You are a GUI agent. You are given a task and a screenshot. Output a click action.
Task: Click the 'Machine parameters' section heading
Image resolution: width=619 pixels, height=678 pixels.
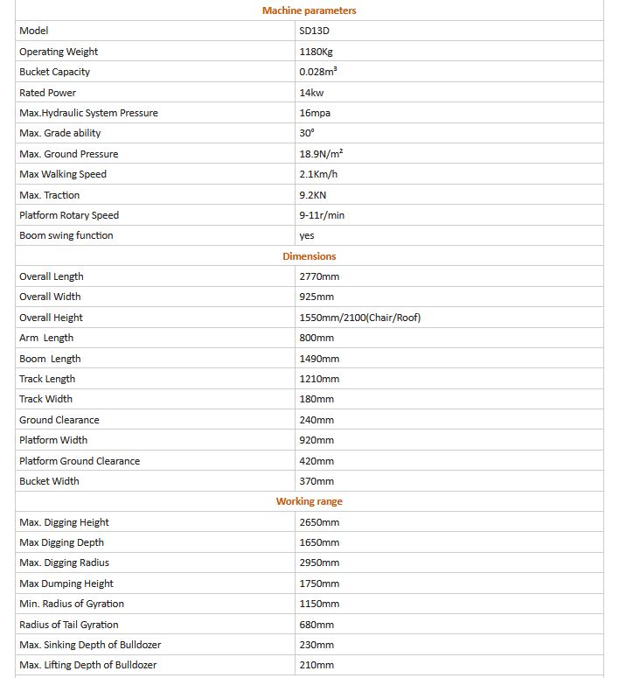[309, 10]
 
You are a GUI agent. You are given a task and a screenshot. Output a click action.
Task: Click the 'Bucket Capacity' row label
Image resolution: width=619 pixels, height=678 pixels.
[54, 72]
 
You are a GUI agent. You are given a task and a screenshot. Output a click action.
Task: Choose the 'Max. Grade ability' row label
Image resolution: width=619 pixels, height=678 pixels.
[59, 133]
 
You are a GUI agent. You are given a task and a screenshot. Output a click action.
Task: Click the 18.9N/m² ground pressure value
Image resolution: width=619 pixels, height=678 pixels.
[321, 154]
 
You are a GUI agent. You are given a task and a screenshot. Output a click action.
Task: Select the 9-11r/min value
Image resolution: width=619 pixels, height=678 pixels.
[322, 215]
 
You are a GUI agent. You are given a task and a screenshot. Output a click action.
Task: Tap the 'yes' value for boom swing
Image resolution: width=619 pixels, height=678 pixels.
[306, 235]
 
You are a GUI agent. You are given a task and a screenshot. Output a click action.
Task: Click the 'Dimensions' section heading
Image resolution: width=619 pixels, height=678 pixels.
[309, 256]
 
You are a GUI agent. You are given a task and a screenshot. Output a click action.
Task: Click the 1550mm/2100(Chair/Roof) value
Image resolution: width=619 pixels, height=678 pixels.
[359, 318]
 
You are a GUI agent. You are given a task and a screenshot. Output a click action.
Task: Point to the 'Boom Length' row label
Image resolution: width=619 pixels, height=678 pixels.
[50, 359]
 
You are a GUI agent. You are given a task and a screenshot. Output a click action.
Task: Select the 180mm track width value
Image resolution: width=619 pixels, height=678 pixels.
[316, 399]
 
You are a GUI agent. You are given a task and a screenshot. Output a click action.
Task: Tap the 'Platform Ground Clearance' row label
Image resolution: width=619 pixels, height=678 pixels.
[80, 461]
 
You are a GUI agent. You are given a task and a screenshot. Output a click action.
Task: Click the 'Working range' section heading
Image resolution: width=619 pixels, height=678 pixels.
[309, 501]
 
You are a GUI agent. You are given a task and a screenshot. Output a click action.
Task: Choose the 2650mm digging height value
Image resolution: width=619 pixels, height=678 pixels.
[319, 522]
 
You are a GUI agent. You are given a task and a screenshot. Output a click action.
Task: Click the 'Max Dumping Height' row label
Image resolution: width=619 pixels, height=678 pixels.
[66, 584]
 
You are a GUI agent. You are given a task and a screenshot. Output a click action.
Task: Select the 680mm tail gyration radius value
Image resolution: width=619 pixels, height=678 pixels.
[316, 625]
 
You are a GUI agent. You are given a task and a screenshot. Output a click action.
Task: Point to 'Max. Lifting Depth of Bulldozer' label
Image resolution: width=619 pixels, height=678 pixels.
[90, 665]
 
